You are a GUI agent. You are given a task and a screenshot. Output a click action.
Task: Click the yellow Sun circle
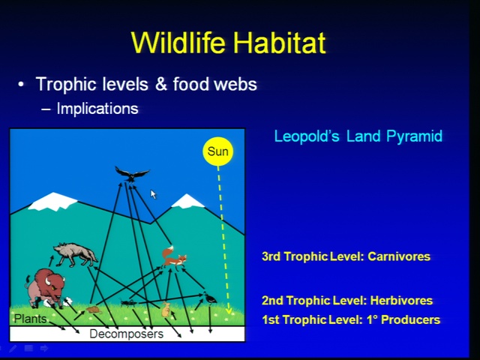(218, 151)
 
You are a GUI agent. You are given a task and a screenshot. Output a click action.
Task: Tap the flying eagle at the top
(132, 174)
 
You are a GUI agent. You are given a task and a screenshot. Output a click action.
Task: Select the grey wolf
(76, 254)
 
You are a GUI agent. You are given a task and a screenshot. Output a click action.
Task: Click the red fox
(173, 258)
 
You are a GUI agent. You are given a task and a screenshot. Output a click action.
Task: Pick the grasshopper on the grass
(128, 303)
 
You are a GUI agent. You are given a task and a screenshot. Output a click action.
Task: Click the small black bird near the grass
(210, 298)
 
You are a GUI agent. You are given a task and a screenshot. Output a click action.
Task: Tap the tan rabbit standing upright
(166, 309)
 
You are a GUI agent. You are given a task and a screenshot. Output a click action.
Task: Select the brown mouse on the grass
(94, 310)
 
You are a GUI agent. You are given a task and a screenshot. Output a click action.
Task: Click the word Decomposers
(127, 334)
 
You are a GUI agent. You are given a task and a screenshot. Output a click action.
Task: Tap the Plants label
(30, 319)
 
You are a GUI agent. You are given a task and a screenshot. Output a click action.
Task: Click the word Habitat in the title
(279, 42)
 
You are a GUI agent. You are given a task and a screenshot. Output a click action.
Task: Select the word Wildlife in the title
(178, 42)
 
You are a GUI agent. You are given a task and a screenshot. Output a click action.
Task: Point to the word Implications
(97, 108)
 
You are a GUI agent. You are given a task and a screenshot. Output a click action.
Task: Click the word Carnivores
(399, 256)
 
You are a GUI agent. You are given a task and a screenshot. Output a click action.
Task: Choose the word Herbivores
(401, 300)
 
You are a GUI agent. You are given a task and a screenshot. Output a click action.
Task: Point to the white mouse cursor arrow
(153, 194)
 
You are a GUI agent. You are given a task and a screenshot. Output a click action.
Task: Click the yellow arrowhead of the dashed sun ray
(229, 311)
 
